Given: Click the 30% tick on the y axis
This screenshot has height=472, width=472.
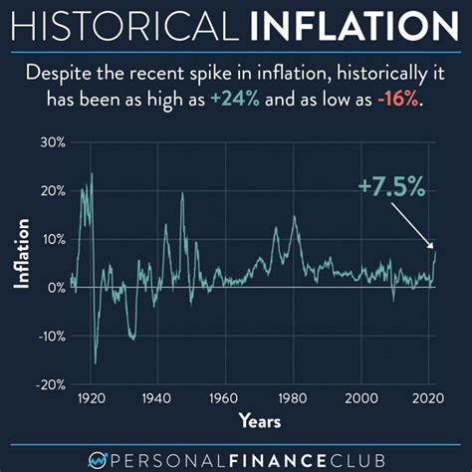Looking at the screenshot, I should [51, 143].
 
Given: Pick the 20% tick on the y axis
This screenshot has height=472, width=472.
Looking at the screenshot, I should [51, 191].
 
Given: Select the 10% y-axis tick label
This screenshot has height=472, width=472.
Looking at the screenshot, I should [51, 239].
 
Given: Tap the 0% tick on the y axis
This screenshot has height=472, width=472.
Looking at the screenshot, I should [55, 287].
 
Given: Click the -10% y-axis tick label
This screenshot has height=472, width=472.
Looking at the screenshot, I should [49, 336].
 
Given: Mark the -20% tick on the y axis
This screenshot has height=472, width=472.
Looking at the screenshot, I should [49, 383].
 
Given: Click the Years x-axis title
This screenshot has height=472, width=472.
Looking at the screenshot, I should [259, 421].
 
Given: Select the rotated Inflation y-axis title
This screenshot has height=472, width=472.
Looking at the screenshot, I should [21, 263].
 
